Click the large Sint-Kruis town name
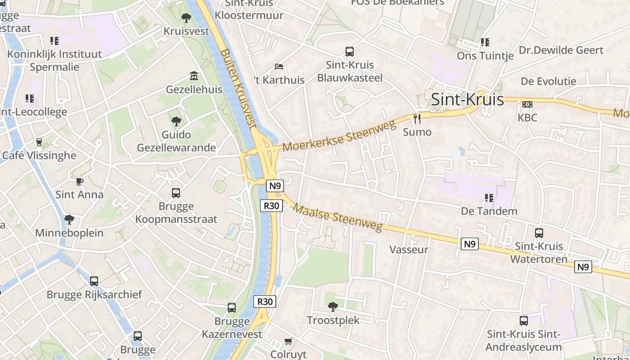(467, 99)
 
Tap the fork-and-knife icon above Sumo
(417, 118)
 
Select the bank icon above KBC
(527, 104)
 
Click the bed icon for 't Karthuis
(279, 67)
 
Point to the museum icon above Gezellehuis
(194, 76)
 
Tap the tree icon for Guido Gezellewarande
(176, 121)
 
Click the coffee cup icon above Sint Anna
(79, 181)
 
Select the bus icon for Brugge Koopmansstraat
(176, 193)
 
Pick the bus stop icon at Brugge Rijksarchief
(94, 281)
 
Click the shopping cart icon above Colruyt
(288, 341)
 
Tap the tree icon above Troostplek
(333, 307)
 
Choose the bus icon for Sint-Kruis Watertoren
(539, 233)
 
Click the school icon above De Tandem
(489, 198)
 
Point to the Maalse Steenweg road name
(337, 217)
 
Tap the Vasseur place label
(409, 249)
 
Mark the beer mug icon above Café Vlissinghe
(39, 142)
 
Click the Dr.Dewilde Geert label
(561, 50)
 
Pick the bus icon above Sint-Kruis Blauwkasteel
(350, 51)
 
